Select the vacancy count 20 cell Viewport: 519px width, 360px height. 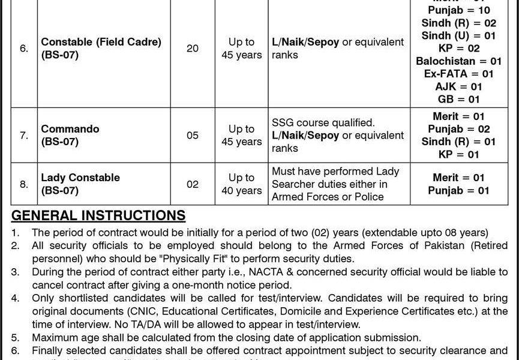(193, 48)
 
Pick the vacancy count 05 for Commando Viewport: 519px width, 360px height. (193, 136)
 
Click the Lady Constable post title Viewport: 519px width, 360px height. (80, 178)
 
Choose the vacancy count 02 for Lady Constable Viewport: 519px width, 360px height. (193, 184)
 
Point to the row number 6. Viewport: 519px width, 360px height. (23, 48)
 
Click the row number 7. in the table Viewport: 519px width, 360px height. (23, 136)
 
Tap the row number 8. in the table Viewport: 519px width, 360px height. (23, 184)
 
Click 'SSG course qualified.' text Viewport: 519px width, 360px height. (323, 122)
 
